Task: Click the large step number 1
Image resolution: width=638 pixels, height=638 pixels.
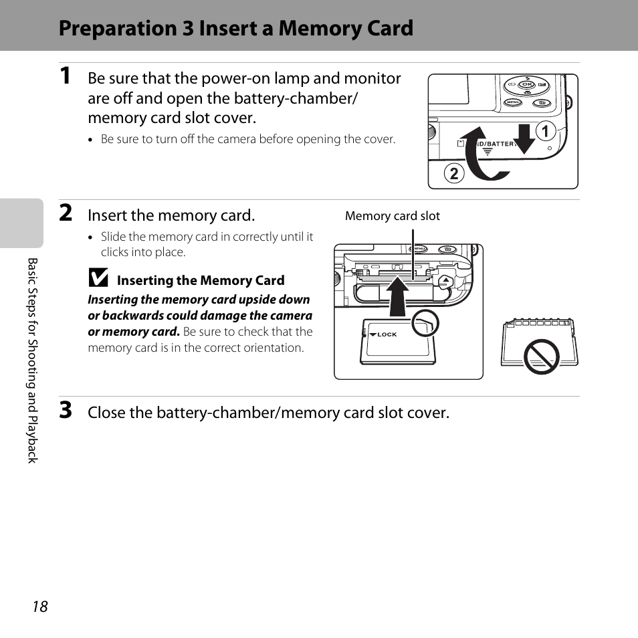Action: point(66,78)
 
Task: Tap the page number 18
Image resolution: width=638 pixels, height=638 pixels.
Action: point(40,607)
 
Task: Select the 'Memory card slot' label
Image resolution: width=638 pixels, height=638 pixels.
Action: point(393,216)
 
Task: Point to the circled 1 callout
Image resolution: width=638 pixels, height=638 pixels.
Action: point(546,132)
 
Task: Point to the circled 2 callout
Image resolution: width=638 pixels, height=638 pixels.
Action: point(453,174)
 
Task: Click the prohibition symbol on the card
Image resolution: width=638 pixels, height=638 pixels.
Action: point(541,356)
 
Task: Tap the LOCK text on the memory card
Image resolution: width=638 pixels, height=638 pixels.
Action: point(387,334)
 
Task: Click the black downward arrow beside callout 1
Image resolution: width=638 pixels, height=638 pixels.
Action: point(526,137)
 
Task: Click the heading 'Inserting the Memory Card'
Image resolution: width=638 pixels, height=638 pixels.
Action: point(201,281)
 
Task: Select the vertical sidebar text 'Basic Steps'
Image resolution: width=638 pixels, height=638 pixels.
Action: point(32,288)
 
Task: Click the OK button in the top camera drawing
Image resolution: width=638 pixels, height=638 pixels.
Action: point(527,85)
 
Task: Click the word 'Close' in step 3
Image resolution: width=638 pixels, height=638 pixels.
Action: point(106,413)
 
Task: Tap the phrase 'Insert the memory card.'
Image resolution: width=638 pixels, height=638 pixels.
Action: point(171,215)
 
